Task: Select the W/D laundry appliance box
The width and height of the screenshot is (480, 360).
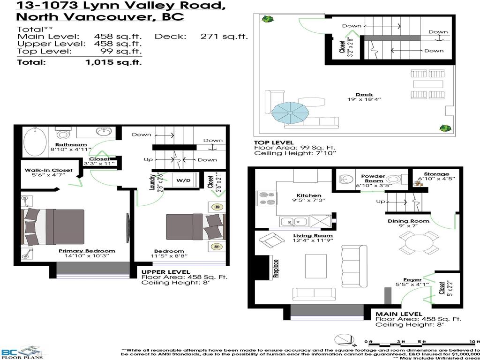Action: pyautogui.click(x=183, y=180)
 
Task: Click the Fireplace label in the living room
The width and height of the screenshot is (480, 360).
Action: pyautogui.click(x=276, y=269)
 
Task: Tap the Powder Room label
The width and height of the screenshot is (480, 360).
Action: pyautogui.click(x=373, y=178)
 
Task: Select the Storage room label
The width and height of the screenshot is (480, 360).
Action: pyautogui.click(x=436, y=174)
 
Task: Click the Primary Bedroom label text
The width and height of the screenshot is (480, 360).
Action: pyautogui.click(x=87, y=251)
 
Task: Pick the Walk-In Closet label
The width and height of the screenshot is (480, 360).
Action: pyautogui.click(x=49, y=170)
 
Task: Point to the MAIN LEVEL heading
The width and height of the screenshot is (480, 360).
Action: pyautogui.click(x=398, y=314)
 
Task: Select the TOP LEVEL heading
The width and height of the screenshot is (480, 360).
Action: pyautogui.click(x=274, y=142)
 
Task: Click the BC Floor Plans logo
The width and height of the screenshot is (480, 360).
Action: pyautogui.click(x=21, y=352)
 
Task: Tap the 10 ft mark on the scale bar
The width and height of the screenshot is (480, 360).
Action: pyautogui.click(x=473, y=341)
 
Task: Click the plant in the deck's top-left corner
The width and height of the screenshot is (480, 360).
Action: pyautogui.click(x=268, y=20)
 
